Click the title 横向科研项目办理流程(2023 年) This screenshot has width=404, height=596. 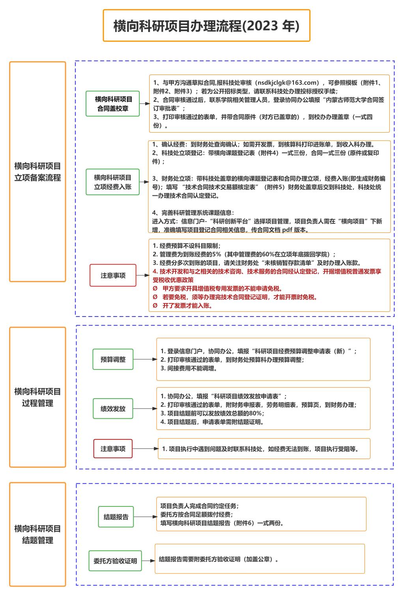(206, 26)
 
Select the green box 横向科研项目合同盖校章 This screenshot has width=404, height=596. (112, 104)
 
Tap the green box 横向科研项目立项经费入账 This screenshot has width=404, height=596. (112, 182)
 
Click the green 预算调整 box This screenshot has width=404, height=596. (113, 359)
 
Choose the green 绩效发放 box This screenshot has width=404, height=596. (113, 409)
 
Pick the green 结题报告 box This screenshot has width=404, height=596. (116, 517)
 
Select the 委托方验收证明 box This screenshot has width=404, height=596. (115, 561)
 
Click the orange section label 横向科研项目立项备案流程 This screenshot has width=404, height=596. (37, 172)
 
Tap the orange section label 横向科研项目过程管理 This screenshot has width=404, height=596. (37, 397)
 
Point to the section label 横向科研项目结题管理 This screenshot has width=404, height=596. (37, 534)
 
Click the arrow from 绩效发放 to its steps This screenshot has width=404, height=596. (145, 409)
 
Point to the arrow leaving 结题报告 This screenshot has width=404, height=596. (145, 517)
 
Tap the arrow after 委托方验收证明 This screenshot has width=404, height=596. (148, 561)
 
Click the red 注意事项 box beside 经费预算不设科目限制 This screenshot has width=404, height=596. (113, 276)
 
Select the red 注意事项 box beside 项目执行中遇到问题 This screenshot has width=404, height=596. (113, 449)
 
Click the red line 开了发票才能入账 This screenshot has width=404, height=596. (187, 305)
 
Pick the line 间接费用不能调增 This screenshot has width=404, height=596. (189, 368)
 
